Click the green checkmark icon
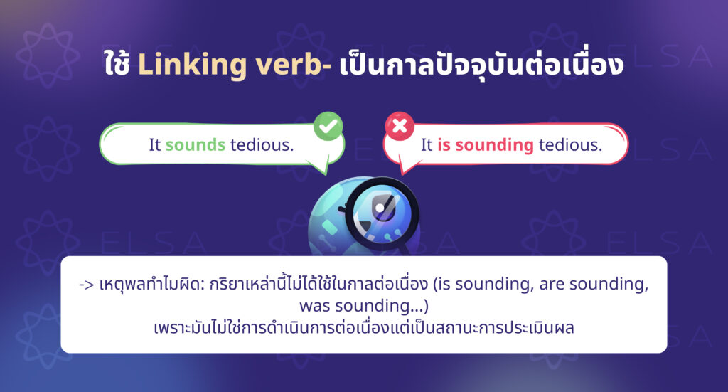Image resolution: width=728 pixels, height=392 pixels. coord(328,127)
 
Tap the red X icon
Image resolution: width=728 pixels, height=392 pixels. coord(400,127)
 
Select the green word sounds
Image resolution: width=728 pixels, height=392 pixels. coord(196,144)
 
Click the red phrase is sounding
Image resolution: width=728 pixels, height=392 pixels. coord(486,144)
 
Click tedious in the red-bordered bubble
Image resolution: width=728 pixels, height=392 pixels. coord(570,144)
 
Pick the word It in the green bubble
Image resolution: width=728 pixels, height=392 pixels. coord(155,144)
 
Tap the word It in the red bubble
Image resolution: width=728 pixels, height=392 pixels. coord(427,144)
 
